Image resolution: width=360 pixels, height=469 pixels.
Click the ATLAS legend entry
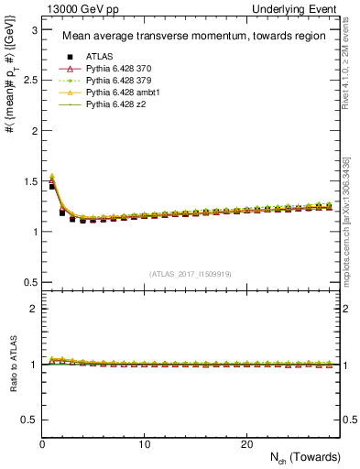[x=100, y=57]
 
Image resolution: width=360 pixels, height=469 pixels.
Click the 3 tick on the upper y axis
[x=35, y=30]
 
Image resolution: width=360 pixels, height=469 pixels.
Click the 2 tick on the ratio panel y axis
[x=35, y=309]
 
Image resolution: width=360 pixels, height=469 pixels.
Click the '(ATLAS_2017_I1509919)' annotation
[x=191, y=273]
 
